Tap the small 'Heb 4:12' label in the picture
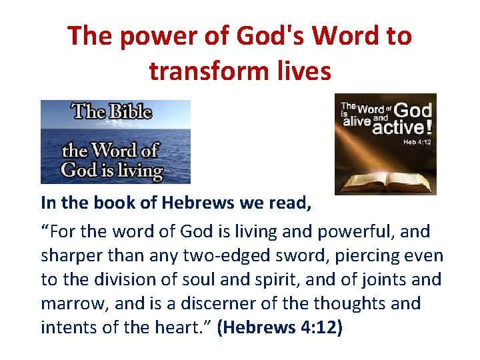[417, 142]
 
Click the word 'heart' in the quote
[188, 327]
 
